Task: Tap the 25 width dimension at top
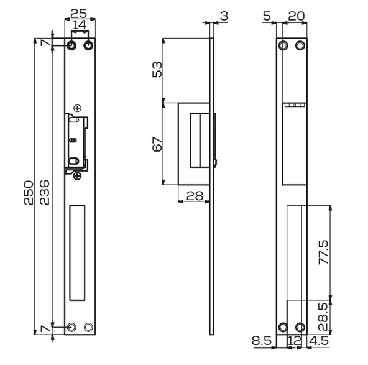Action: [x=78, y=12]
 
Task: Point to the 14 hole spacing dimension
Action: [x=80, y=24]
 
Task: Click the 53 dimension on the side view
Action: [x=157, y=69]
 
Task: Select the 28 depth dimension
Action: [x=194, y=196]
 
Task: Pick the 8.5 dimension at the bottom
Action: [x=261, y=341]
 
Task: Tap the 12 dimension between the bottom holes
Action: [x=293, y=341]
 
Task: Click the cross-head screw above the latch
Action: [x=76, y=108]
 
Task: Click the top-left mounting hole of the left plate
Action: [x=73, y=46]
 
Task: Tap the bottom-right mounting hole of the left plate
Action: [x=88, y=327]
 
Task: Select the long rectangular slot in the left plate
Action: [x=77, y=252]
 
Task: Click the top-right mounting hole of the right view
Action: [x=301, y=46]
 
